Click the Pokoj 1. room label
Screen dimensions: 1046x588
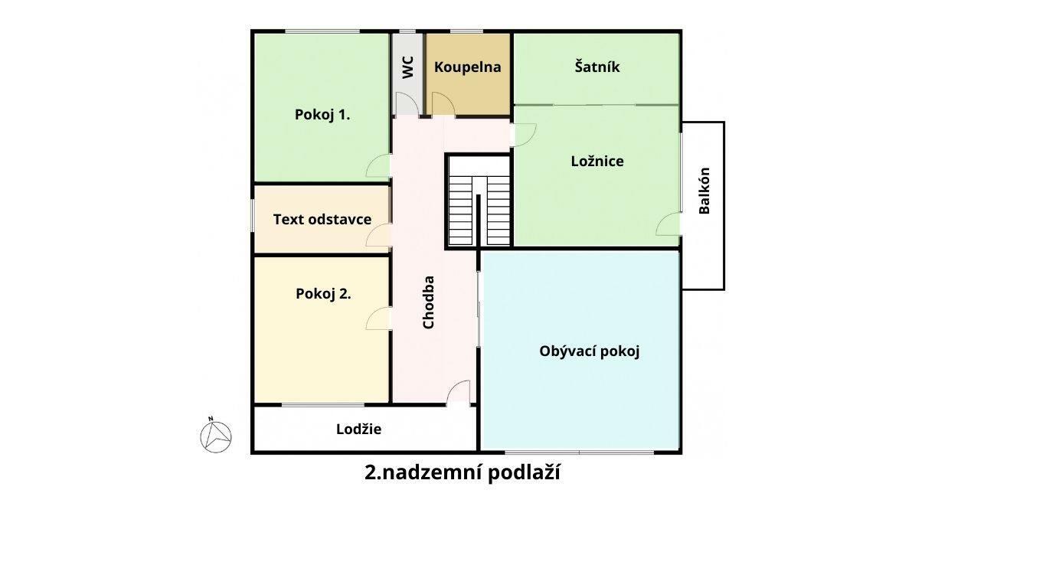coord(322,114)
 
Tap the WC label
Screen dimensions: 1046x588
coord(407,67)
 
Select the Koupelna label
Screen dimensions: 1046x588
coord(467,67)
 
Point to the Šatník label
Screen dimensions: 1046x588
coord(597,67)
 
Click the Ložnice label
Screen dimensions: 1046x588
coord(597,161)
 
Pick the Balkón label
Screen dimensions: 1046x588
coord(704,191)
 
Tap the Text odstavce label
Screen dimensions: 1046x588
coord(322,219)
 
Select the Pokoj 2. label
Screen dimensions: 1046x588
coord(323,294)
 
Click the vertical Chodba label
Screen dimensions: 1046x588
coord(428,302)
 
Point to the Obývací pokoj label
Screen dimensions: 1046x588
coord(590,351)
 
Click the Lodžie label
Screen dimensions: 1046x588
coord(358,430)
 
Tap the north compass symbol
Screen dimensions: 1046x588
coord(216,436)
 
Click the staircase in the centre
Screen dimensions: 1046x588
coord(479,201)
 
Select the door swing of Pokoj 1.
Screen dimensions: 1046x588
coord(378,165)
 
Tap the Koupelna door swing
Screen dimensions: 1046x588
coord(443,103)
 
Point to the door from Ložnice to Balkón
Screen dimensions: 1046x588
coord(668,224)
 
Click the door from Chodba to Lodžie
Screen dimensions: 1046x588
coord(458,391)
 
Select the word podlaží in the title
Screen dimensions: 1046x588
coord(524,473)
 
